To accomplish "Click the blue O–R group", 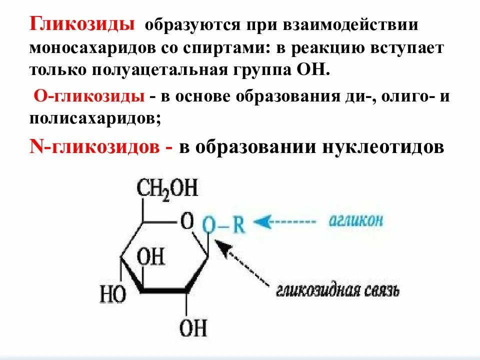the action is point(223,225).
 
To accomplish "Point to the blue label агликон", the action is point(356,221).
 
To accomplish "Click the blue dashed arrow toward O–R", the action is point(285,221).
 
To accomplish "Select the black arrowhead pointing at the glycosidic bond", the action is point(223,248).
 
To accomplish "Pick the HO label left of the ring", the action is point(112,294).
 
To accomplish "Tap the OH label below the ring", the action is point(193,328).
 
